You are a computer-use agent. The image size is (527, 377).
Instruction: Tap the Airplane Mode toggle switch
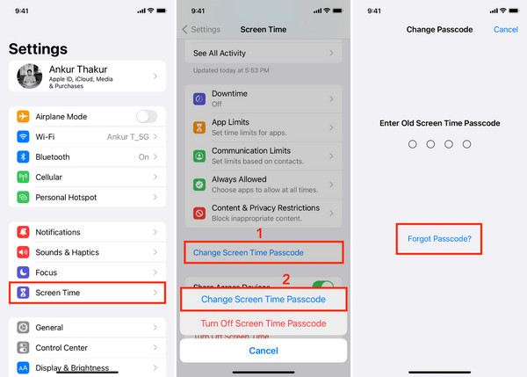pyautogui.click(x=147, y=117)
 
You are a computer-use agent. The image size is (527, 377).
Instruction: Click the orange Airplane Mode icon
pyautogui.click(x=23, y=116)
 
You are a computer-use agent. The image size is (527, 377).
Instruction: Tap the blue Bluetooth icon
pyautogui.click(x=23, y=156)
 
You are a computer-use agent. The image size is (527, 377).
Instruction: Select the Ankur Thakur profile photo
pyautogui.click(x=30, y=76)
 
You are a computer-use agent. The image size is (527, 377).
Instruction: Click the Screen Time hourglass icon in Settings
pyautogui.click(x=23, y=293)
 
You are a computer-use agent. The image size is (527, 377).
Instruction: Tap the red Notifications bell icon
pyautogui.click(x=23, y=232)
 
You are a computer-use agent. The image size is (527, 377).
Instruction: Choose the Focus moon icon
pyautogui.click(x=23, y=272)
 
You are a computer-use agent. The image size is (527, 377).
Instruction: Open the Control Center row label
pyautogui.click(x=61, y=348)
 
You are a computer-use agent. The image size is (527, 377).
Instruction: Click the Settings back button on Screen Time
pyautogui.click(x=201, y=30)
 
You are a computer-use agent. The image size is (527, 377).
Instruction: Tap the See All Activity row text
pyautogui.click(x=220, y=53)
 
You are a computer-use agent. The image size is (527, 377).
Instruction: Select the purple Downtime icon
pyautogui.click(x=199, y=99)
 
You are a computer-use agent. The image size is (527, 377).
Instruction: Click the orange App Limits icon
pyautogui.click(x=199, y=127)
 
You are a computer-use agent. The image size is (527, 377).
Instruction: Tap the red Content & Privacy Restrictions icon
pyautogui.click(x=199, y=214)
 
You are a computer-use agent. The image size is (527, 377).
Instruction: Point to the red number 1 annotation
pyautogui.click(x=259, y=234)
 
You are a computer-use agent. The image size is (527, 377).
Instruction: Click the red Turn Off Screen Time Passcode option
pyautogui.click(x=263, y=323)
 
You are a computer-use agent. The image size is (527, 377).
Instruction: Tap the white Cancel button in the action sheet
pyautogui.click(x=263, y=351)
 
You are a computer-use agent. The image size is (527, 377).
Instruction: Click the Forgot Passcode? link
pyautogui.click(x=439, y=239)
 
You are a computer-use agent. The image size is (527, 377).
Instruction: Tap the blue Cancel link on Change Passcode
pyautogui.click(x=506, y=30)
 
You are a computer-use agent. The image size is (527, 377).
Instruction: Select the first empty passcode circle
pyautogui.click(x=413, y=144)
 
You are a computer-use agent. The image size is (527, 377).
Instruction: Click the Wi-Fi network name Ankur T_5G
pyautogui.click(x=128, y=137)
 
